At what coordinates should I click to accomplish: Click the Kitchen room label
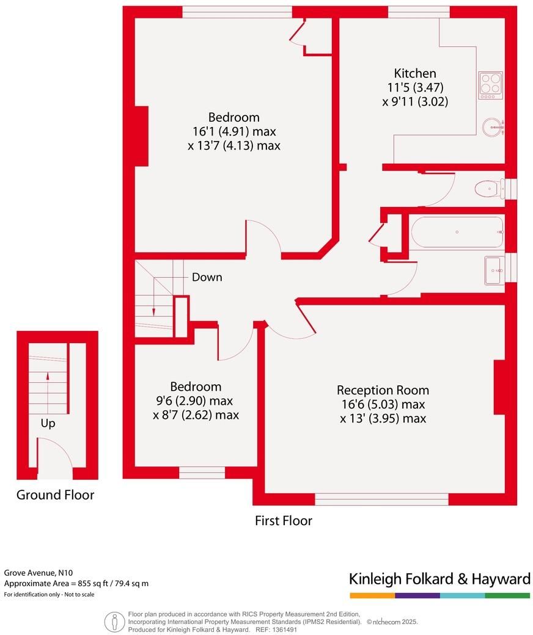click(x=415, y=73)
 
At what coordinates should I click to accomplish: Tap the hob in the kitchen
click(x=490, y=85)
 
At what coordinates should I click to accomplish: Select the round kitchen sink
click(x=493, y=128)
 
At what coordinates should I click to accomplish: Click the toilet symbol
click(x=489, y=189)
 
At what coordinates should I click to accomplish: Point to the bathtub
click(x=457, y=232)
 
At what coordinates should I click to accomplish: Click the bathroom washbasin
click(x=494, y=270)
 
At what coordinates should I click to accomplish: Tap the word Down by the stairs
click(x=207, y=277)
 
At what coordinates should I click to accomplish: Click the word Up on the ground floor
click(x=48, y=424)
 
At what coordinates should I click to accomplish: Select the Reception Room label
click(x=383, y=390)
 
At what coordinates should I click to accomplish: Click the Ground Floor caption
click(x=55, y=495)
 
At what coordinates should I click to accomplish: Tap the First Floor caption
click(x=284, y=520)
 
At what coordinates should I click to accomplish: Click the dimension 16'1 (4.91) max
click(x=234, y=131)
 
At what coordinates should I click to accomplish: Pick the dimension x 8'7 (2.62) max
click(x=196, y=415)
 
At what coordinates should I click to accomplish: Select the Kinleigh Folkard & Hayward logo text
click(x=439, y=579)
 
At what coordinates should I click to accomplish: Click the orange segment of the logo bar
click(x=372, y=596)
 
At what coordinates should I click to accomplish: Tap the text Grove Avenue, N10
click(x=39, y=573)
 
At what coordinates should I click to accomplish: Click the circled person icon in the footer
click(x=115, y=622)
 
